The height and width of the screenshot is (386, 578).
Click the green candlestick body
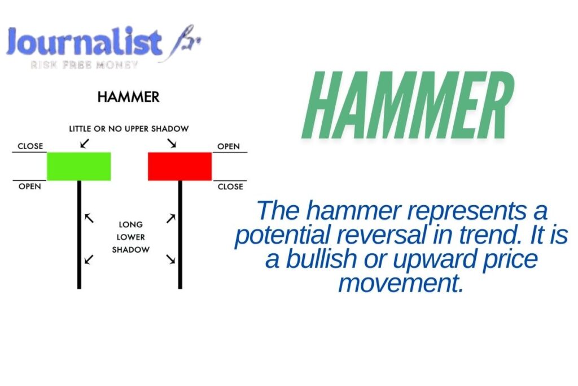tap(78, 166)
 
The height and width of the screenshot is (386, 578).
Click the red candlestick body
tap(179, 166)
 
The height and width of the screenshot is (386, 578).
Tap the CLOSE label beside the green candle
tap(30, 146)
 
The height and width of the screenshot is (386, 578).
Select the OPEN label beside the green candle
tap(30, 187)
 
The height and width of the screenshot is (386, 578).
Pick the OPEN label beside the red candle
tap(229, 146)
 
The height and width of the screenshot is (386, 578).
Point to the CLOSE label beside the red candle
tap(230, 187)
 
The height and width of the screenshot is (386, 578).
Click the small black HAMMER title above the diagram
tap(128, 97)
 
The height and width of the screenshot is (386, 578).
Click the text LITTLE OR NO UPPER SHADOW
tap(129, 129)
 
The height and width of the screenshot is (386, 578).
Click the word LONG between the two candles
tap(130, 225)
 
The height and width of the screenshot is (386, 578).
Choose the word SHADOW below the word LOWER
tap(130, 250)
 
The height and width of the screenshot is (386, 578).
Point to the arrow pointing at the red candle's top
tap(172, 144)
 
